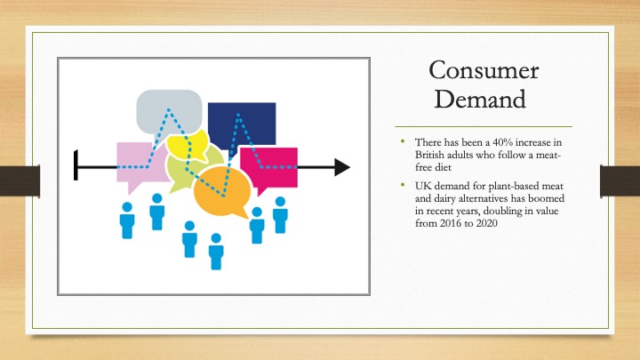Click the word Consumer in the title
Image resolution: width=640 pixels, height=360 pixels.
coord(484,70)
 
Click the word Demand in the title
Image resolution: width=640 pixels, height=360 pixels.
coord(480,100)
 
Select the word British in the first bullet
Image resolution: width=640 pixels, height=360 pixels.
coord(429,155)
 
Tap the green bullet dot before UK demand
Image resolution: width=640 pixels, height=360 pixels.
coord(403,185)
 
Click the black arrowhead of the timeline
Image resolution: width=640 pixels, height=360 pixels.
coord(341,167)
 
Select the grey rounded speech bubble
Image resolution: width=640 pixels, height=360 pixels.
coord(169,115)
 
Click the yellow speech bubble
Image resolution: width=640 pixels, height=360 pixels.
coord(188,146)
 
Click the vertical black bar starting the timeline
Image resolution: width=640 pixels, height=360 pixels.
coord(76,165)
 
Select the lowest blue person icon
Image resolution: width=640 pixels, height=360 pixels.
coord(216,252)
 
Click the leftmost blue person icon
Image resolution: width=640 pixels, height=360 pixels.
coord(127,220)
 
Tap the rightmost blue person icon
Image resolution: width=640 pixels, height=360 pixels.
coord(280,215)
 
